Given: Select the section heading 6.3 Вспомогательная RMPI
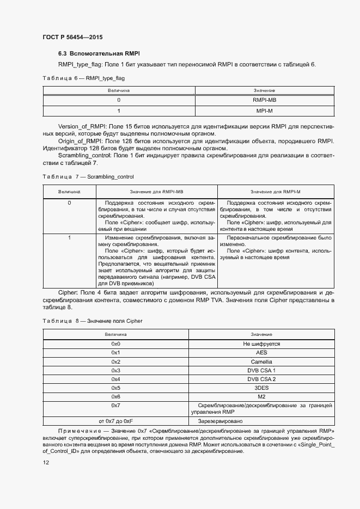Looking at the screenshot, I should tap(99, 53).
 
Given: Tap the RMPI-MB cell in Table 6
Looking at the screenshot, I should tap(264, 100).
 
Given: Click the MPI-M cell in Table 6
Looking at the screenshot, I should tap(264, 111).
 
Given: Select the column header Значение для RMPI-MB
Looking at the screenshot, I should tap(156, 192).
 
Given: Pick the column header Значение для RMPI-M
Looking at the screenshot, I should tap(276, 192).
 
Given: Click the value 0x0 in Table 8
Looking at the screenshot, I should tap(115, 344).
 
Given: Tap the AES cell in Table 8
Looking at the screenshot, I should tap(261, 353).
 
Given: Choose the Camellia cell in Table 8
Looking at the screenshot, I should tap(261, 361).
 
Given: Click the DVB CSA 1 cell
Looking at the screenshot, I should tap(261, 370).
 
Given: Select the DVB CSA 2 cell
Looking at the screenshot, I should tap(261, 379).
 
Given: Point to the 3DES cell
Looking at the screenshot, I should tap(261, 388).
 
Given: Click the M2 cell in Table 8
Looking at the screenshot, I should tap(261, 396).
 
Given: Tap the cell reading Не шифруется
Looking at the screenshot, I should tap(261, 344).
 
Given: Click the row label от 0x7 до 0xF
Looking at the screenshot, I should tap(115, 421).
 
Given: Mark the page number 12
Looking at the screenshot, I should tap(46, 462).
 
